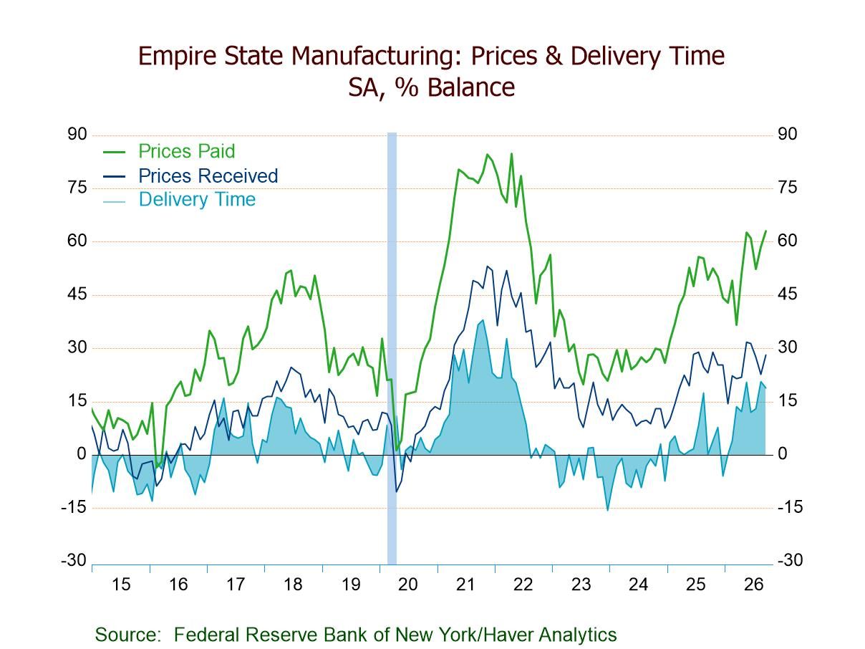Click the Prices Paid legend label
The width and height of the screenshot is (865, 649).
pos(187,151)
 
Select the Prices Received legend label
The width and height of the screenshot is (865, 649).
pos(208,176)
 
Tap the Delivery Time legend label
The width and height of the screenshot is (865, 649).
pos(197,199)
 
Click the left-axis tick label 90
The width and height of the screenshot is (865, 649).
pos(77,135)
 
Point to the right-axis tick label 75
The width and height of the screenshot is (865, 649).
pos(788,188)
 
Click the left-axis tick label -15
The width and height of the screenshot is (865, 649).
pos(74,507)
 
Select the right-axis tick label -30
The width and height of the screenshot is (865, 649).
pos(790,560)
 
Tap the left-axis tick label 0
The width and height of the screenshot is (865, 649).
pos(82,454)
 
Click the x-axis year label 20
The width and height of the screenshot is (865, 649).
pos(408,585)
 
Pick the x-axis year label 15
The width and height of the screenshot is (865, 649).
pos(121,585)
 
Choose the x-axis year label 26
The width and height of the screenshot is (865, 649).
pos(754,585)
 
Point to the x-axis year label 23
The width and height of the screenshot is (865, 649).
pos(581,585)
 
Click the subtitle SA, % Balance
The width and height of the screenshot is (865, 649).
pos(432,87)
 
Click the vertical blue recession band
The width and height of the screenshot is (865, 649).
pos(392,348)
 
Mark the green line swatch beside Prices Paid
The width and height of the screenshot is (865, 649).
pos(114,152)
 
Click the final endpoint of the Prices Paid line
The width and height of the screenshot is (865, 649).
pos(765,231)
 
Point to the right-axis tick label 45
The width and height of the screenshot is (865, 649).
pos(788,294)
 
